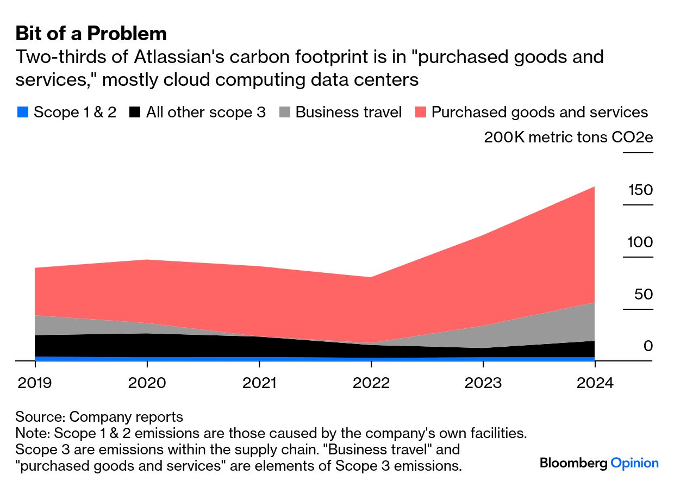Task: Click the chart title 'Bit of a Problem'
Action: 91,34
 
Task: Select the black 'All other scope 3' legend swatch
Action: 135,113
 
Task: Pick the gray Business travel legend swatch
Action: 284,113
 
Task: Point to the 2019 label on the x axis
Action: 34,383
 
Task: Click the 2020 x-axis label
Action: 147,383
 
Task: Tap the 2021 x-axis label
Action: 259,383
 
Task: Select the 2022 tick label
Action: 371,383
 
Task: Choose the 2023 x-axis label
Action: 483,383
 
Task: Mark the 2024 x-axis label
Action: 595,383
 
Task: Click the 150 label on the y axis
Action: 640,190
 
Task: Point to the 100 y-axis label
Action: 640,242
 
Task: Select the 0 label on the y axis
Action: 648,346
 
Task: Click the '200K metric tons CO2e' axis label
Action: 568,138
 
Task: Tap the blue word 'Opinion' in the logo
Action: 634,463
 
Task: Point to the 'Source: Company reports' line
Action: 99,417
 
